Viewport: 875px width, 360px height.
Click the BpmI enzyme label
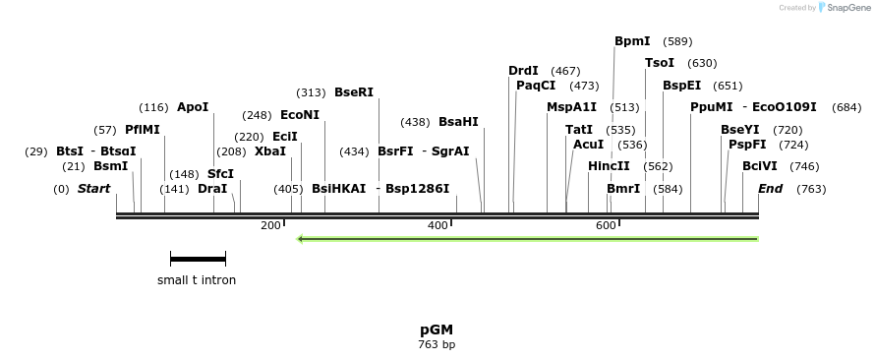[632, 41]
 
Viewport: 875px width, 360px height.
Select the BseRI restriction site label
[354, 92]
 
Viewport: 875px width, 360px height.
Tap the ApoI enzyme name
[193, 107]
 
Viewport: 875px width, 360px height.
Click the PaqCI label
[536, 86]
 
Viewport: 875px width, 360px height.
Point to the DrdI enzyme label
[523, 71]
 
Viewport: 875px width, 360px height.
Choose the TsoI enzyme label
[660, 63]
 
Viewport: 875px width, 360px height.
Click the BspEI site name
[681, 86]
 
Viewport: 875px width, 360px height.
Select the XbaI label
[270, 151]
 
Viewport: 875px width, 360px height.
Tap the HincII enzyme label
[609, 166]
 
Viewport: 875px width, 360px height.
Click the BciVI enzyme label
[760, 166]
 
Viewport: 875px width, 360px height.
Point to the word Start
[93, 188]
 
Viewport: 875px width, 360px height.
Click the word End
[770, 188]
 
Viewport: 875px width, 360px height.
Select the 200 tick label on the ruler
[270, 226]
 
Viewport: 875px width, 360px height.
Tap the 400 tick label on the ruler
[437, 226]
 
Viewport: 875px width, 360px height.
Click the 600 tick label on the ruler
[606, 226]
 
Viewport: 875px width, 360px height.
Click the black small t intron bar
[198, 259]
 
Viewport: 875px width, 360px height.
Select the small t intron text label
[197, 280]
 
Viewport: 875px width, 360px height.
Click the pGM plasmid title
[437, 330]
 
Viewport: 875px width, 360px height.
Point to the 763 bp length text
[437, 345]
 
